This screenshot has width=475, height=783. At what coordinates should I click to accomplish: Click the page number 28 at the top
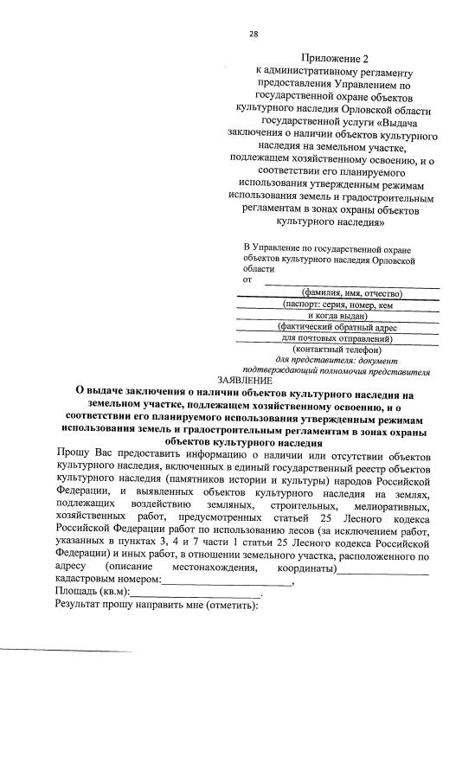coord(254,34)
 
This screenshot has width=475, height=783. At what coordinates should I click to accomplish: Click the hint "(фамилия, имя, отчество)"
coord(346,293)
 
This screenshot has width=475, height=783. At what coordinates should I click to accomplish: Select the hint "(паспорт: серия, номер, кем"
coord(338,305)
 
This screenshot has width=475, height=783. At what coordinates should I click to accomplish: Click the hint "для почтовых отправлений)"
coord(337,338)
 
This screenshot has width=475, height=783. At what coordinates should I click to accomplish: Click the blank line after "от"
coord(351,283)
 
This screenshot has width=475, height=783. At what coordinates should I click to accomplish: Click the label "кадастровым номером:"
coord(108,579)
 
